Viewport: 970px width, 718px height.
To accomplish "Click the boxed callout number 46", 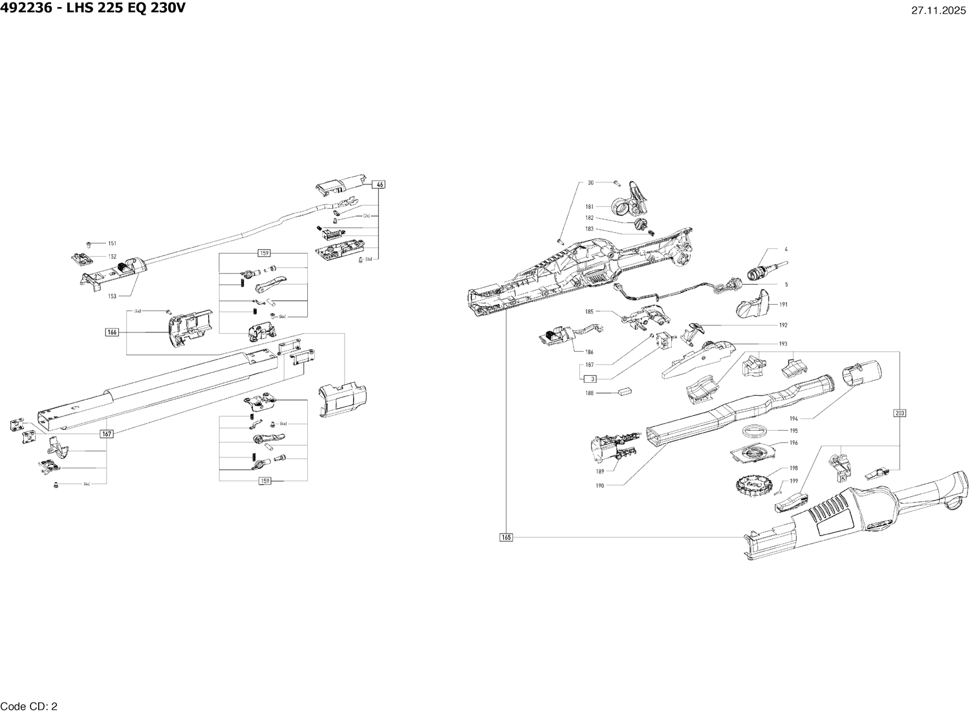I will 380,185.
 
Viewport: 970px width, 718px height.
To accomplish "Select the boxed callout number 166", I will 112,332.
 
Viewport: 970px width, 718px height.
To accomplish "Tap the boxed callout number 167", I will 107,434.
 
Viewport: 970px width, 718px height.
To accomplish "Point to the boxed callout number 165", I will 506,537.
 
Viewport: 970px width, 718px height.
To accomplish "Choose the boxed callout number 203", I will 900,413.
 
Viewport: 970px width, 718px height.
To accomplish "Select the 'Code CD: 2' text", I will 30,706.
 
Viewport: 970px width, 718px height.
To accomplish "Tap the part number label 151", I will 112,244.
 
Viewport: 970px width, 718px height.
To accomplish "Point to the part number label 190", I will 599,485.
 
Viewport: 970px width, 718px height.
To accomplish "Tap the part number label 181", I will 590,207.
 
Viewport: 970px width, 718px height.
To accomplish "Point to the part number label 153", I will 112,296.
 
